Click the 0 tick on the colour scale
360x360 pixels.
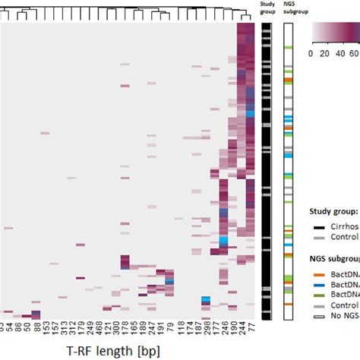point(312,54)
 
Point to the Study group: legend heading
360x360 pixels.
point(333,213)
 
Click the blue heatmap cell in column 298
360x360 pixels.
point(205,300)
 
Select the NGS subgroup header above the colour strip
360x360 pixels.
point(289,11)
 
